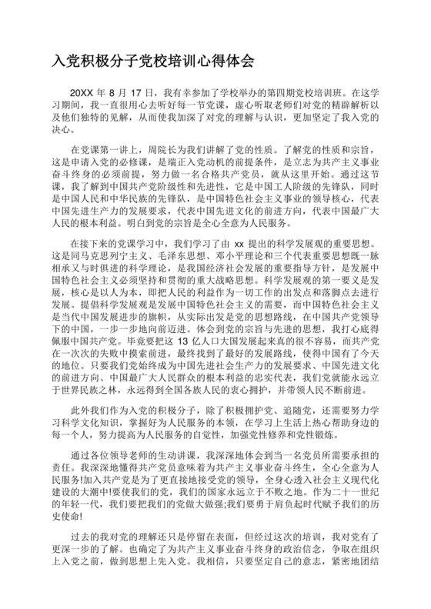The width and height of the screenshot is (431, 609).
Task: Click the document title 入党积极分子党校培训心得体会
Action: point(153,59)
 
